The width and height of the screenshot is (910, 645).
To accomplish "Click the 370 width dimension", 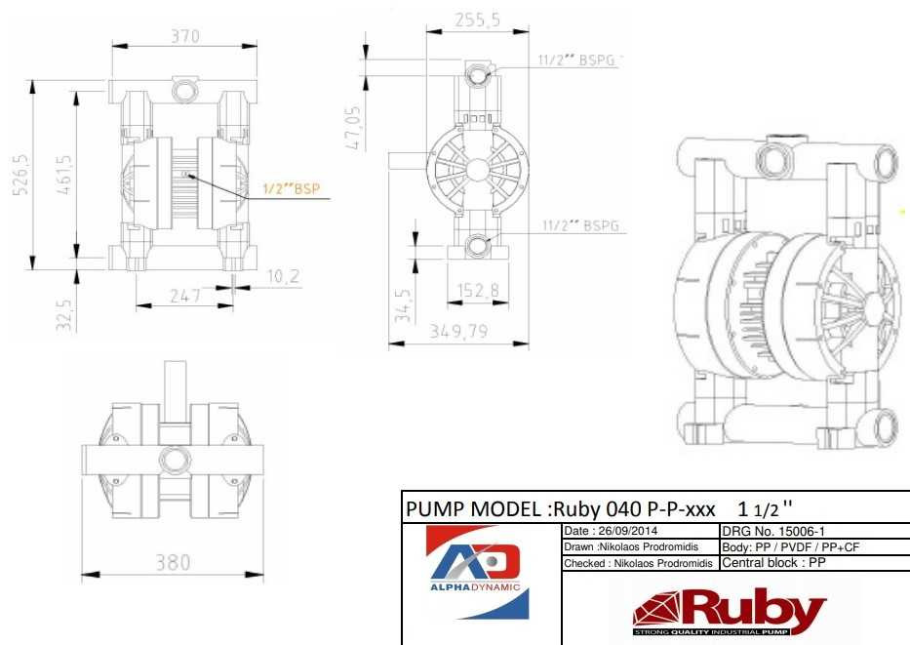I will coord(184,36).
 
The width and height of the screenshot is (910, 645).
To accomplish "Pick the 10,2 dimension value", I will coord(283,278).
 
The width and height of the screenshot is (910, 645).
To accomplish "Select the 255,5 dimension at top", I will coord(478,20).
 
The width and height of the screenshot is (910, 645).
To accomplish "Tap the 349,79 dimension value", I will coord(458,332).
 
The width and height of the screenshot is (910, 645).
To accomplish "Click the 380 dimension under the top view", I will coord(174,562).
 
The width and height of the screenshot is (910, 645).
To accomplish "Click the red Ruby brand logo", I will coord(730,612).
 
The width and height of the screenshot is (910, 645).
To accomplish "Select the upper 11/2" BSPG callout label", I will coord(578,60).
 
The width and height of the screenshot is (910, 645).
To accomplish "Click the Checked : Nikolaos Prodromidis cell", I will coord(638,563).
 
